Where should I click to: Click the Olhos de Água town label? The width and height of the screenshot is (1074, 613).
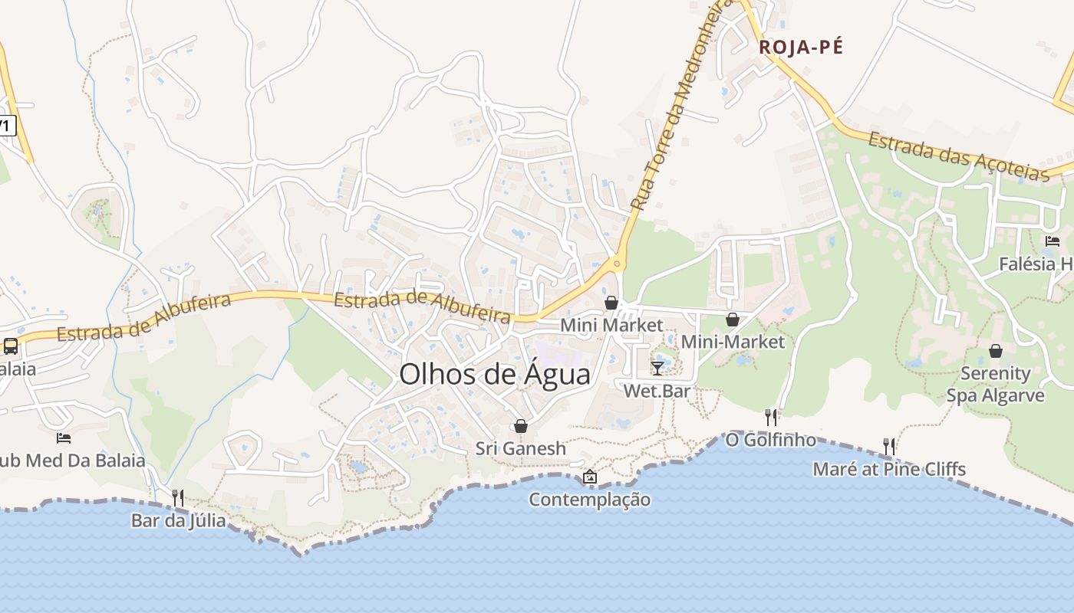[x=495, y=374]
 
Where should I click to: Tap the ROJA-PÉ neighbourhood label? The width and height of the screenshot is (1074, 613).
[x=801, y=48]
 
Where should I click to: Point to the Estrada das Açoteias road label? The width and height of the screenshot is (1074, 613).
[x=958, y=157]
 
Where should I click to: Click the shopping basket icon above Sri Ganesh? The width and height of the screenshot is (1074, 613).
[x=521, y=426]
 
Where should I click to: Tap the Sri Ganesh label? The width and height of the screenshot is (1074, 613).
[x=520, y=448]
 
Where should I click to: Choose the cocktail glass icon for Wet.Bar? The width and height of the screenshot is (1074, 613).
[x=657, y=369]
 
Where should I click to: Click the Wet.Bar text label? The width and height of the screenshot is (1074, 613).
[x=657, y=391]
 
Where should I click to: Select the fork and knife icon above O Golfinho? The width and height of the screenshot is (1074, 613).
[x=771, y=418]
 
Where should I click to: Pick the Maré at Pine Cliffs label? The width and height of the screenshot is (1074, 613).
[x=889, y=469]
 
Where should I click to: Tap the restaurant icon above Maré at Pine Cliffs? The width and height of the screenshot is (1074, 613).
[x=888, y=446]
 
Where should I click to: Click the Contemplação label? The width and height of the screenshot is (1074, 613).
[x=589, y=500]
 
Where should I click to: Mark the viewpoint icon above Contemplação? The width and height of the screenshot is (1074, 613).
[x=589, y=477]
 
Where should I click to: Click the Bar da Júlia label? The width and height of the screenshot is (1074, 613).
[x=178, y=521]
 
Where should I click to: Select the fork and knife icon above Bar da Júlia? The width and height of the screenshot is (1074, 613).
[x=177, y=498]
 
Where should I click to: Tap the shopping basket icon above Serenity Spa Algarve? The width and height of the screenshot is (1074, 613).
[x=995, y=352]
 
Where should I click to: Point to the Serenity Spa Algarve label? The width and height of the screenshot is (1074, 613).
[x=995, y=385]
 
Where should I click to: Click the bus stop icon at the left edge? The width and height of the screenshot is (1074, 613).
[x=10, y=346]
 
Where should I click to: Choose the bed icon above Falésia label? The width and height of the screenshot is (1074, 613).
[x=1053, y=241]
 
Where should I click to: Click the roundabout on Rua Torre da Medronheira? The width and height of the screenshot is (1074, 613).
[x=616, y=265]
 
